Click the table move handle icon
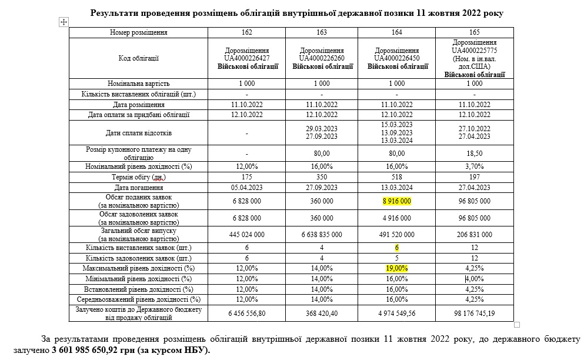click(x=64, y=22)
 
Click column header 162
click(x=247, y=32)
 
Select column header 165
click(x=475, y=32)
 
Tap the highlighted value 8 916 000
click(x=397, y=201)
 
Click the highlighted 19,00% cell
click(x=397, y=268)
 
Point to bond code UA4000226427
click(x=247, y=58)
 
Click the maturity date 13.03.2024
click(x=397, y=188)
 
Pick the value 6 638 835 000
click(x=322, y=234)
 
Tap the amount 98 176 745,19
click(x=475, y=313)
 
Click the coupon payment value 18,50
click(x=475, y=153)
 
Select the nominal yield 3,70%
click(x=475, y=166)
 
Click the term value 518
click(x=397, y=177)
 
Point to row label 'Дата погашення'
click(x=140, y=188)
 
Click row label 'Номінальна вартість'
click(x=140, y=84)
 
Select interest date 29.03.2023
click(x=322, y=129)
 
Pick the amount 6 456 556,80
click(x=247, y=313)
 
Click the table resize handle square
click(x=517, y=325)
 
